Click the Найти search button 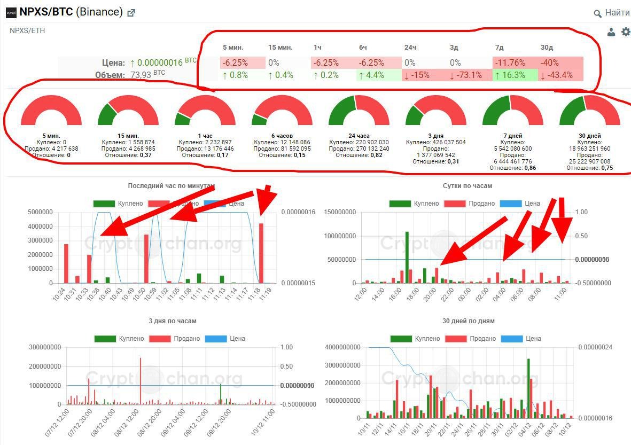pyautogui.click(x=612, y=13)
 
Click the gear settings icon pyautogui.click(x=626, y=32)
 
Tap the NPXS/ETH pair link pyautogui.click(x=27, y=30)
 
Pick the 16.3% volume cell pyautogui.click(x=510, y=75)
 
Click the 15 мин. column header pyautogui.click(x=280, y=48)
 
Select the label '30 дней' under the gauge pyautogui.click(x=589, y=136)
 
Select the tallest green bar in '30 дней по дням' pyautogui.click(x=528, y=388)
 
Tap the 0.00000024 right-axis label pyautogui.click(x=602, y=347)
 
